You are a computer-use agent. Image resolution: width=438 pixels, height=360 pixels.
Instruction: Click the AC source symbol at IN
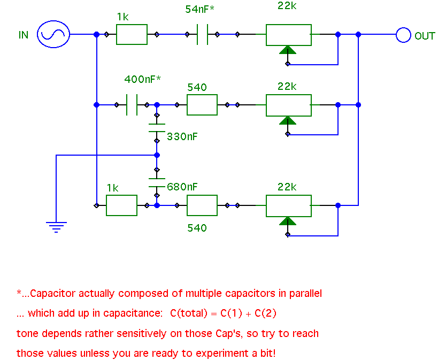click(x=53, y=35)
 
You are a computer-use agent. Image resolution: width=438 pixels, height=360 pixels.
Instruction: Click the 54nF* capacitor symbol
click(x=202, y=35)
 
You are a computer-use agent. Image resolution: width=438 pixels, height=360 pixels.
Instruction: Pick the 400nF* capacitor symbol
click(x=132, y=105)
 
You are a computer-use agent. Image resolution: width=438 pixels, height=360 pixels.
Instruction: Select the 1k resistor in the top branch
click(x=132, y=35)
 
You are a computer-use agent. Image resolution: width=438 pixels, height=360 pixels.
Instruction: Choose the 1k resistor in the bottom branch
click(x=121, y=205)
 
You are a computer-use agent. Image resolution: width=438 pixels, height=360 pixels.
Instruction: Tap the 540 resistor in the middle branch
click(x=202, y=105)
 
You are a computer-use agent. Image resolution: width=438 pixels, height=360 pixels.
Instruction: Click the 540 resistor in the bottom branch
click(x=202, y=205)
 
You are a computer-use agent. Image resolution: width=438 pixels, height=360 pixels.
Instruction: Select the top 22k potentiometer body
click(x=289, y=35)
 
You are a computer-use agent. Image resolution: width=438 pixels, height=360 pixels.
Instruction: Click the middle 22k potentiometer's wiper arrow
click(x=288, y=120)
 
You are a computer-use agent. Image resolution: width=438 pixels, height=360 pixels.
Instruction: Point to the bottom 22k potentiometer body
click(x=289, y=205)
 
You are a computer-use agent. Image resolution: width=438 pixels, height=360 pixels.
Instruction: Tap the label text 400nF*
click(x=142, y=79)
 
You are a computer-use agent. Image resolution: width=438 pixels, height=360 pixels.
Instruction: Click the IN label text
click(x=24, y=35)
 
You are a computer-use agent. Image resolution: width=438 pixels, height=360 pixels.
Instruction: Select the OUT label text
click(x=425, y=36)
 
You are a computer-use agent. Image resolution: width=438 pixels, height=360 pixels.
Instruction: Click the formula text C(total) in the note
click(x=190, y=313)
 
